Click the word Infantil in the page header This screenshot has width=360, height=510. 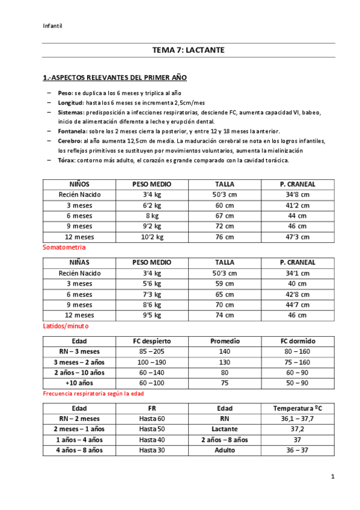(53, 25)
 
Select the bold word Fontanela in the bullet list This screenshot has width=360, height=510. (72, 131)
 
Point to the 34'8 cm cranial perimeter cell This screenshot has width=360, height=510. (297, 195)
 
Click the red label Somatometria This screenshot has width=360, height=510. (64, 247)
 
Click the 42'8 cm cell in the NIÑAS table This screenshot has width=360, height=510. (297, 294)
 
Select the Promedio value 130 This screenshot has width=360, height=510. (225, 362)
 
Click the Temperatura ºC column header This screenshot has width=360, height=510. (297, 408)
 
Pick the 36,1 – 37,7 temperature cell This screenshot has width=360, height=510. (297, 419)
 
